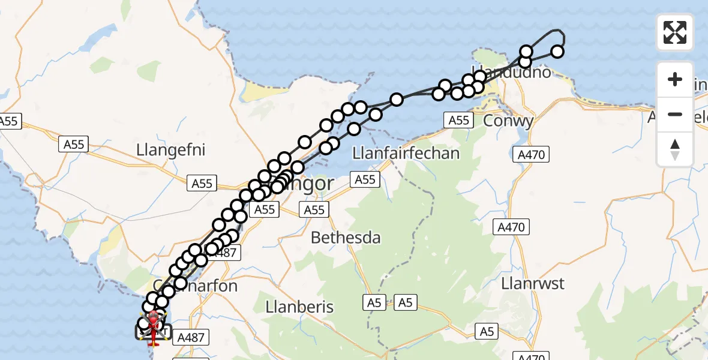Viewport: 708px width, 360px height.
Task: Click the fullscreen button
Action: (675, 32)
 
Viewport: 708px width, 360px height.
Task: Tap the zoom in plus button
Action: (675, 79)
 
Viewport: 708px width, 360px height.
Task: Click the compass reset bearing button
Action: (675, 149)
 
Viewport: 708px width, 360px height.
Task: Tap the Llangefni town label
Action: (171, 149)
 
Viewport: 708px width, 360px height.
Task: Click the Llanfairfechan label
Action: (406, 153)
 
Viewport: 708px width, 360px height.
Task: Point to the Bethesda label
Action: (346, 238)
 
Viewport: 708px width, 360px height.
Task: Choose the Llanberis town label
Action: (299, 307)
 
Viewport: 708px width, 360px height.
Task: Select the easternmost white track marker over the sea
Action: (557, 52)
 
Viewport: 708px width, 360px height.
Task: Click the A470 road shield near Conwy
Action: (531, 155)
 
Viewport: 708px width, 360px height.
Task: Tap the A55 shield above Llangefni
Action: (74, 144)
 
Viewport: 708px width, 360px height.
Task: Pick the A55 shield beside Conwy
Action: (459, 120)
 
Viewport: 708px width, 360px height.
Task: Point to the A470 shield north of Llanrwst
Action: (512, 227)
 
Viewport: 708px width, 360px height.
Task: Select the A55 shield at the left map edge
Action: (9, 121)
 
